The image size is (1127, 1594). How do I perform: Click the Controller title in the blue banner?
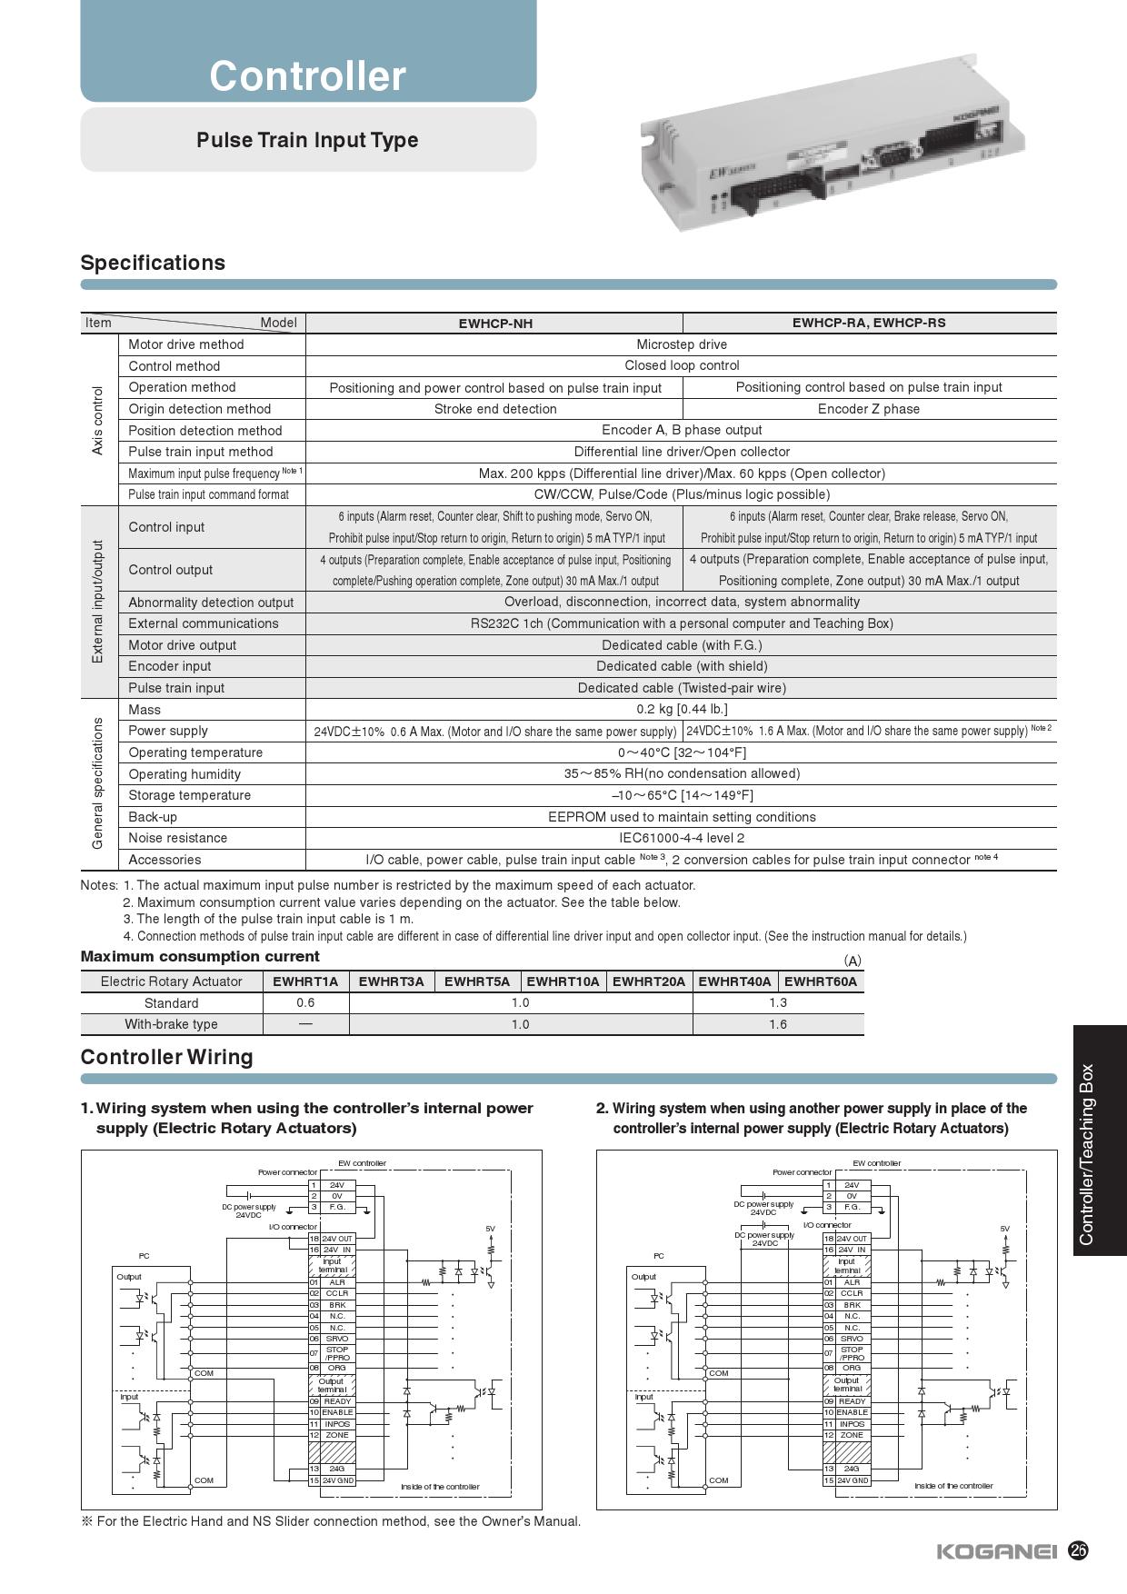(x=307, y=75)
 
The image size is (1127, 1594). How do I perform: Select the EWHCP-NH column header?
(x=495, y=324)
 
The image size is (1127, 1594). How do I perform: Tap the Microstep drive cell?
(x=682, y=344)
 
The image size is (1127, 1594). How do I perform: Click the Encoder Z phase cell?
(x=869, y=409)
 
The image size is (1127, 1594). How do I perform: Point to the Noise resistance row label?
(x=178, y=838)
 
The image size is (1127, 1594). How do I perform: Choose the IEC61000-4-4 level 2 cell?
(x=682, y=838)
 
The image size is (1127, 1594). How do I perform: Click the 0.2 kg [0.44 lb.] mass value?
(x=682, y=709)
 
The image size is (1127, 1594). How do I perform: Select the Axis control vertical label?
(x=98, y=420)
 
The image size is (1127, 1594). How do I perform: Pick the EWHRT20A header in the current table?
(x=649, y=981)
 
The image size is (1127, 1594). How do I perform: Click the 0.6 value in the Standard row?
(x=305, y=1002)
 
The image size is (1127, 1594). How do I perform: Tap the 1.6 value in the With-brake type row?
(x=778, y=1024)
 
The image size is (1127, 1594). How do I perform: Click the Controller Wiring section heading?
(x=166, y=1057)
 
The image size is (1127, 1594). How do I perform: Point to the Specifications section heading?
(x=153, y=263)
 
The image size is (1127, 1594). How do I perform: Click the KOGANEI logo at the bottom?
(x=996, y=1551)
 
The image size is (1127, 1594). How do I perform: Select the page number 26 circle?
(x=1078, y=1550)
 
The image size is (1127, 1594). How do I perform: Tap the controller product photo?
(x=832, y=162)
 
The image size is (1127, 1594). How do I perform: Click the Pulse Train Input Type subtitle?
(x=307, y=140)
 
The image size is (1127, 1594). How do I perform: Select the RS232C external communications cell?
(x=682, y=623)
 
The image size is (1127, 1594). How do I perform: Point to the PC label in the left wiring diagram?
(x=144, y=1256)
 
